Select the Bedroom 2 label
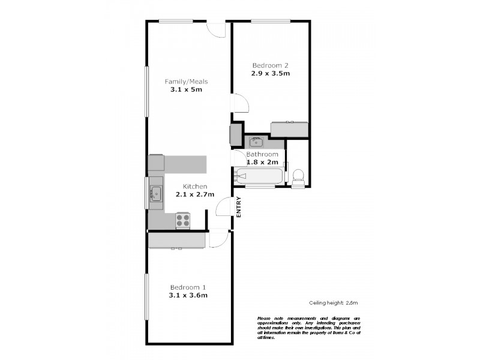point(271,65)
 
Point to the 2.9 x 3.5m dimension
point(271,74)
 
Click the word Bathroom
point(262,154)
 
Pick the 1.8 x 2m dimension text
point(262,163)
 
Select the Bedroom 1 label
point(188,287)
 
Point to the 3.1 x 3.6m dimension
point(188,295)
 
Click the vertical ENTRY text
point(239,208)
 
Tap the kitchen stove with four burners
point(183,220)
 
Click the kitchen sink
point(156,193)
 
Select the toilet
point(298,176)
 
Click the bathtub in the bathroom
point(259,176)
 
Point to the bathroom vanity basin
point(256,142)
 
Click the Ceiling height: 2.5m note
point(329,303)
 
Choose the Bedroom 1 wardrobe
point(177,240)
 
